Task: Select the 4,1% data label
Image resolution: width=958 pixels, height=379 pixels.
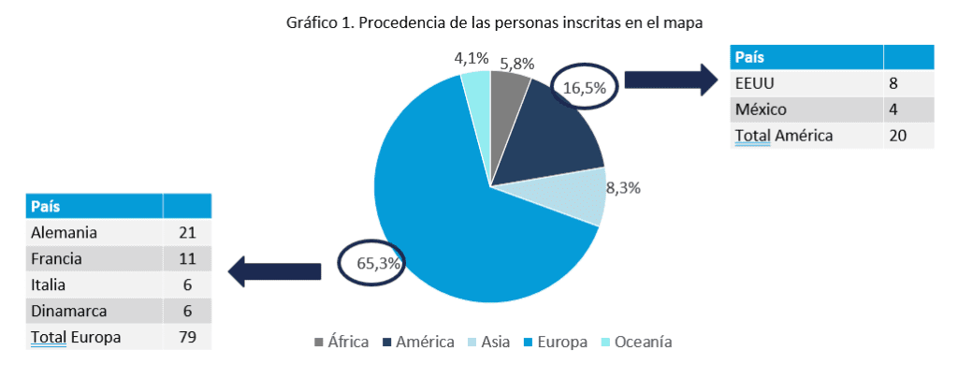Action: [x=472, y=58]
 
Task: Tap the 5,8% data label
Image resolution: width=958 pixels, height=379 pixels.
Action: [x=516, y=64]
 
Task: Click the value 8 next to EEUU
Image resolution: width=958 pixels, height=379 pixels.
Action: [x=893, y=83]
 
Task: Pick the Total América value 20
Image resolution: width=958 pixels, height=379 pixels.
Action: [x=897, y=136]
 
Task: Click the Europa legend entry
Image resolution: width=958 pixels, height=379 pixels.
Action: [x=559, y=342]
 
